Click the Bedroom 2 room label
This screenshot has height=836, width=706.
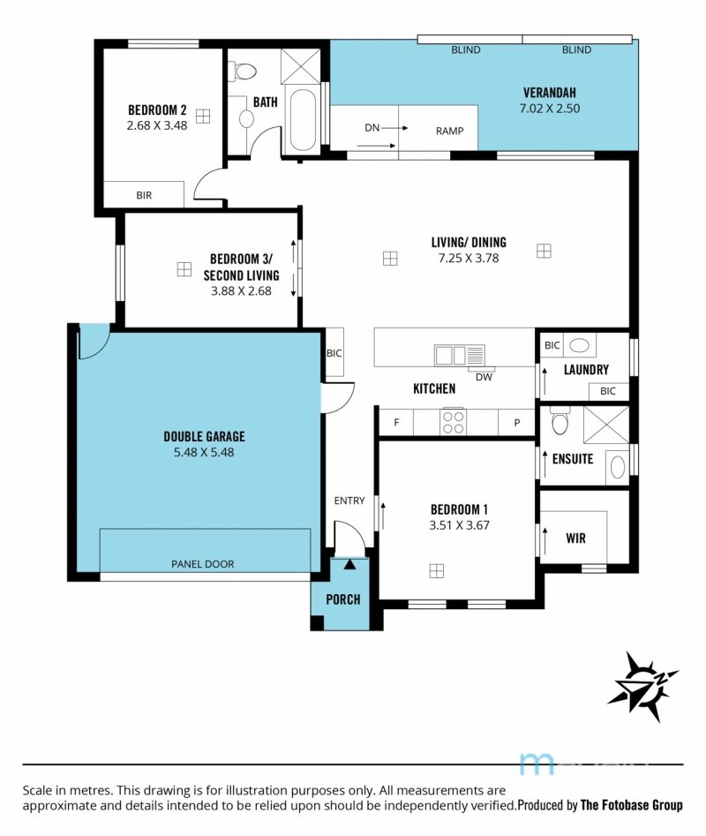[157, 110]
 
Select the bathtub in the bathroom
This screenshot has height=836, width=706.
[302, 119]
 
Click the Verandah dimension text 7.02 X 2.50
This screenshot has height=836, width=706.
[549, 109]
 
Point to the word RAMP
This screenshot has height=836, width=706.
[450, 131]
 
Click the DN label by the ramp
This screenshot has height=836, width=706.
[372, 127]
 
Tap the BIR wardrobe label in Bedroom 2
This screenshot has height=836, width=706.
[144, 195]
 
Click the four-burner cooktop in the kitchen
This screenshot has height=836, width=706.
[454, 422]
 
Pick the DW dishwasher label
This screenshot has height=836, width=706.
[484, 377]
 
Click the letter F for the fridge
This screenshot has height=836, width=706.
[396, 422]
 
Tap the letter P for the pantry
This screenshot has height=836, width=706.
[517, 423]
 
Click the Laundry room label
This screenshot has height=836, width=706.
[586, 370]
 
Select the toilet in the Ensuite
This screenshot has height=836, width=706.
[560, 421]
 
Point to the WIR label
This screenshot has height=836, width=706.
[576, 538]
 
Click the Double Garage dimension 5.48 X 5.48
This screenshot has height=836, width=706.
[204, 452]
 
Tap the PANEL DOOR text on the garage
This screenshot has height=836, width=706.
[202, 564]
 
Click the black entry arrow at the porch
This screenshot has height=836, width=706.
[349, 564]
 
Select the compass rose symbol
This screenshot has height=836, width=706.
[643, 686]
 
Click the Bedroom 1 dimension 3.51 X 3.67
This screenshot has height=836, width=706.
[459, 525]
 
